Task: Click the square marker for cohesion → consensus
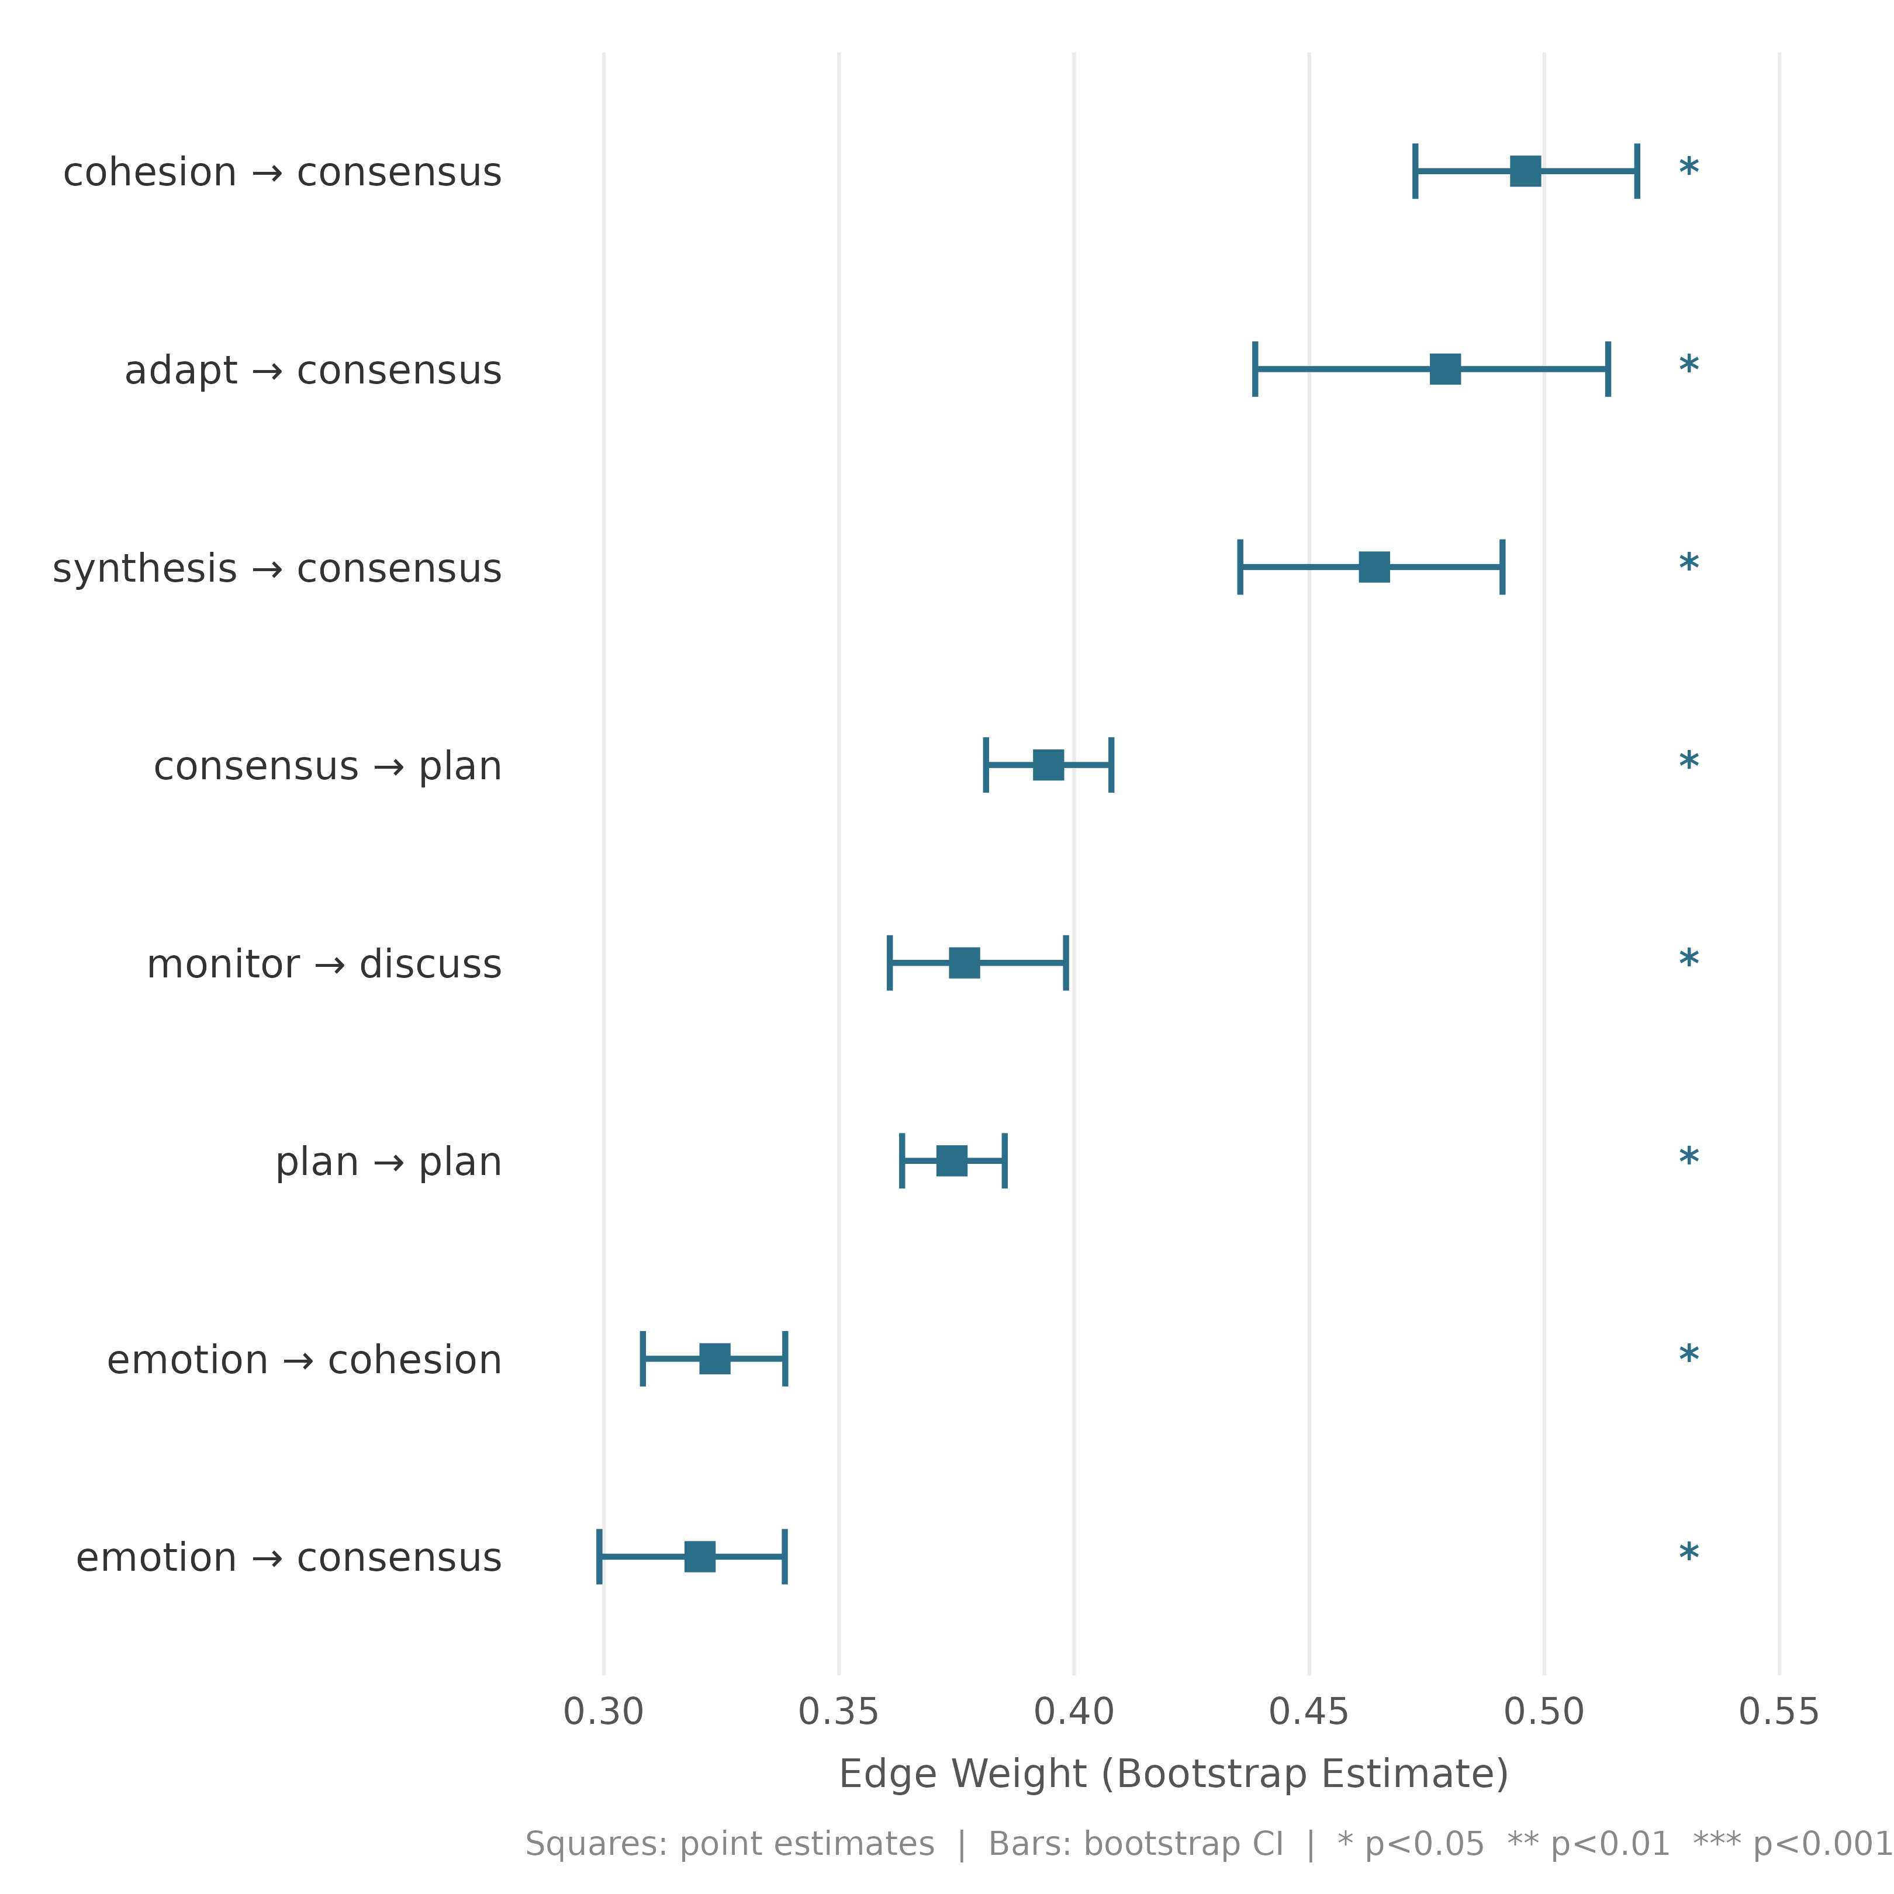1525,171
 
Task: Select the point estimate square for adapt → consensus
1445,369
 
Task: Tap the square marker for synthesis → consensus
1374,566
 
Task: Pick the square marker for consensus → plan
1048,765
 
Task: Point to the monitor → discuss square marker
965,963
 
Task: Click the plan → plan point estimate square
952,1161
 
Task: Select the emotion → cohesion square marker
715,1359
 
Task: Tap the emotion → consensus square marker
700,1557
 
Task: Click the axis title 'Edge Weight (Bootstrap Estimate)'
1173,1774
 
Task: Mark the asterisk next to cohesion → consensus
1688,168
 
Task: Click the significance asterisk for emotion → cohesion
1688,1356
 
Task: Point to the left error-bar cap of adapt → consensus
1255,369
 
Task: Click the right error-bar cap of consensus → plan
1111,765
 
